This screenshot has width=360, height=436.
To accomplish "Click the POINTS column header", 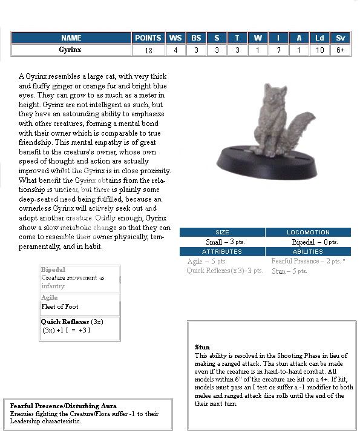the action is coord(148,38).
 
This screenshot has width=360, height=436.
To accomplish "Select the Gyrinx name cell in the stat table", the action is coord(71,50).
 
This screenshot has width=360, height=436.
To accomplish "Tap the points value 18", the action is coord(148,50).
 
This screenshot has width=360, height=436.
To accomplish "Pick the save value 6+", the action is coord(341,50).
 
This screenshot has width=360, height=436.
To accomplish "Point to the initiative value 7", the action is coord(278,50).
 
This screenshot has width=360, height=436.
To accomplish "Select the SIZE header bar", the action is coord(222,232).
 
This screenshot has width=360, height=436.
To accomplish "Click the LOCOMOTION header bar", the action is coord(308,232).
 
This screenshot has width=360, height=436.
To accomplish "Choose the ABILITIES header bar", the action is coord(308,251).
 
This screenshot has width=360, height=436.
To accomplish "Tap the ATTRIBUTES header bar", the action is coord(222,251).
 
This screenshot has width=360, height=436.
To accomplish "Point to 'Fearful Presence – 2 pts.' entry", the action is coord(308,261).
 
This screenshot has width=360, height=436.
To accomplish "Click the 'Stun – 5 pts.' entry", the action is coord(289,271).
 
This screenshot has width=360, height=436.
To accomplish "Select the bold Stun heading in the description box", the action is coord(202,348).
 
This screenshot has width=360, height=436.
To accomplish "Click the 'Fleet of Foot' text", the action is coord(60,307).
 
